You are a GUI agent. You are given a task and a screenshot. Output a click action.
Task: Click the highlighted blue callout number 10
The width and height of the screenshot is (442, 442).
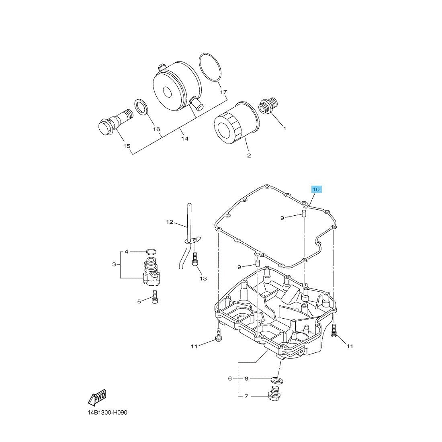[x=316, y=189]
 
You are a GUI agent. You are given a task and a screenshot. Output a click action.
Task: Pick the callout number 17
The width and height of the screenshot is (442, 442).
[x=223, y=92]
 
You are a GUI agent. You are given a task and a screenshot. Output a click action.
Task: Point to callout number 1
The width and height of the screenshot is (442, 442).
[x=284, y=129]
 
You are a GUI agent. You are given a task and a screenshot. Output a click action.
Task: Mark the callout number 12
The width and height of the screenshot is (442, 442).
[x=170, y=222]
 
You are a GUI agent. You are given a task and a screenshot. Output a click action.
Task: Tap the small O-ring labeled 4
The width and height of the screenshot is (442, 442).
[x=151, y=252]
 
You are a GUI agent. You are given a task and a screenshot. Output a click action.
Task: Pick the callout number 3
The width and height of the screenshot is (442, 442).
[x=114, y=264]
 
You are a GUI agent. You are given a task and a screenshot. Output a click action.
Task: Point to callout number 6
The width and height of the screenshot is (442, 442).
[x=230, y=378]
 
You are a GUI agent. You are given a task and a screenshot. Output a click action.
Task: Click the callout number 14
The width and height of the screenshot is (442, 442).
[x=184, y=139]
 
